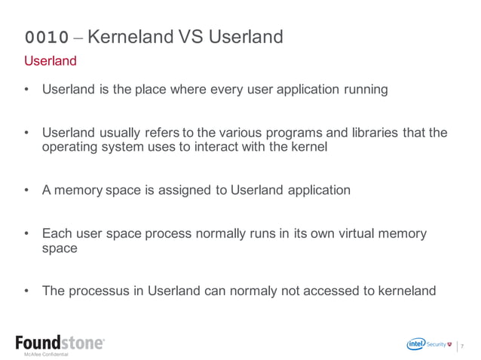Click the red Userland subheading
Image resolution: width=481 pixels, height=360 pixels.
(51, 60)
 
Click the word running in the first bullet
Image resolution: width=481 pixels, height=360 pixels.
(366, 90)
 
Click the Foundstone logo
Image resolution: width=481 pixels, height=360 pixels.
(60, 343)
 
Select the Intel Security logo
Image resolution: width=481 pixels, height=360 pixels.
(430, 344)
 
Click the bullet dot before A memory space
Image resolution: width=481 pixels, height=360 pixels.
(27, 191)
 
